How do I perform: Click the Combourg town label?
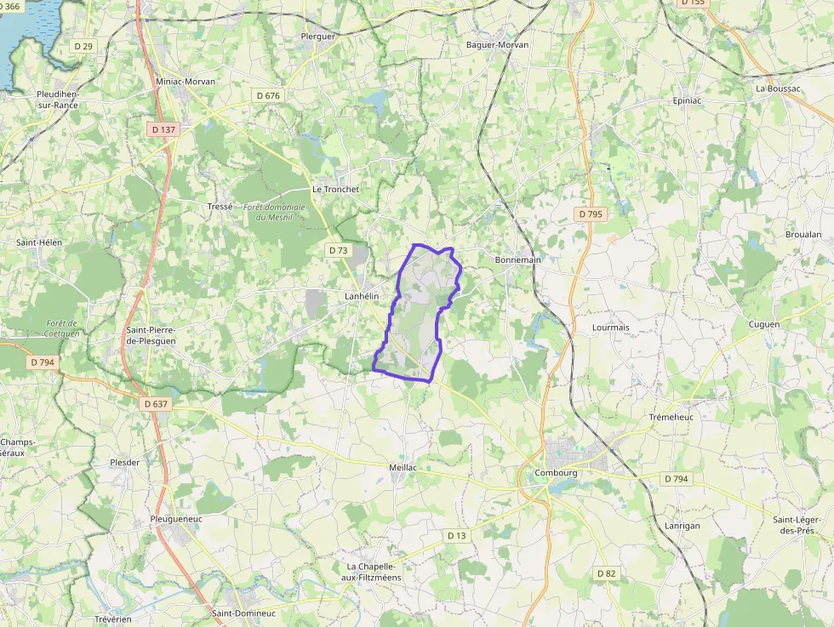[x=556, y=473]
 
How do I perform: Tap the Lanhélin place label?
[x=361, y=296]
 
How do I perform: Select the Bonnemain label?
[x=517, y=259]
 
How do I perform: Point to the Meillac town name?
[x=403, y=468]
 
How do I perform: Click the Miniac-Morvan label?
[x=186, y=82]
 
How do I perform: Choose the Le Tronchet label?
[x=335, y=189]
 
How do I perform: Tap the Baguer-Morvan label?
[x=497, y=44]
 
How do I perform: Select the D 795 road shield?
[x=590, y=214]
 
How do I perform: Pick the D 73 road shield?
[x=338, y=250]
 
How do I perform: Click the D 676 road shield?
[x=268, y=96]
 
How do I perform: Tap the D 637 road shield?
[x=157, y=404]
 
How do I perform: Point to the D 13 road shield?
[x=457, y=535]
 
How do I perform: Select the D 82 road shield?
[x=606, y=573]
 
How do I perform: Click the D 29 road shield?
[x=83, y=46]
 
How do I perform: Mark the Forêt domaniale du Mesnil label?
[x=273, y=212]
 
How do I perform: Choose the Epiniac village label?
[x=687, y=100]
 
